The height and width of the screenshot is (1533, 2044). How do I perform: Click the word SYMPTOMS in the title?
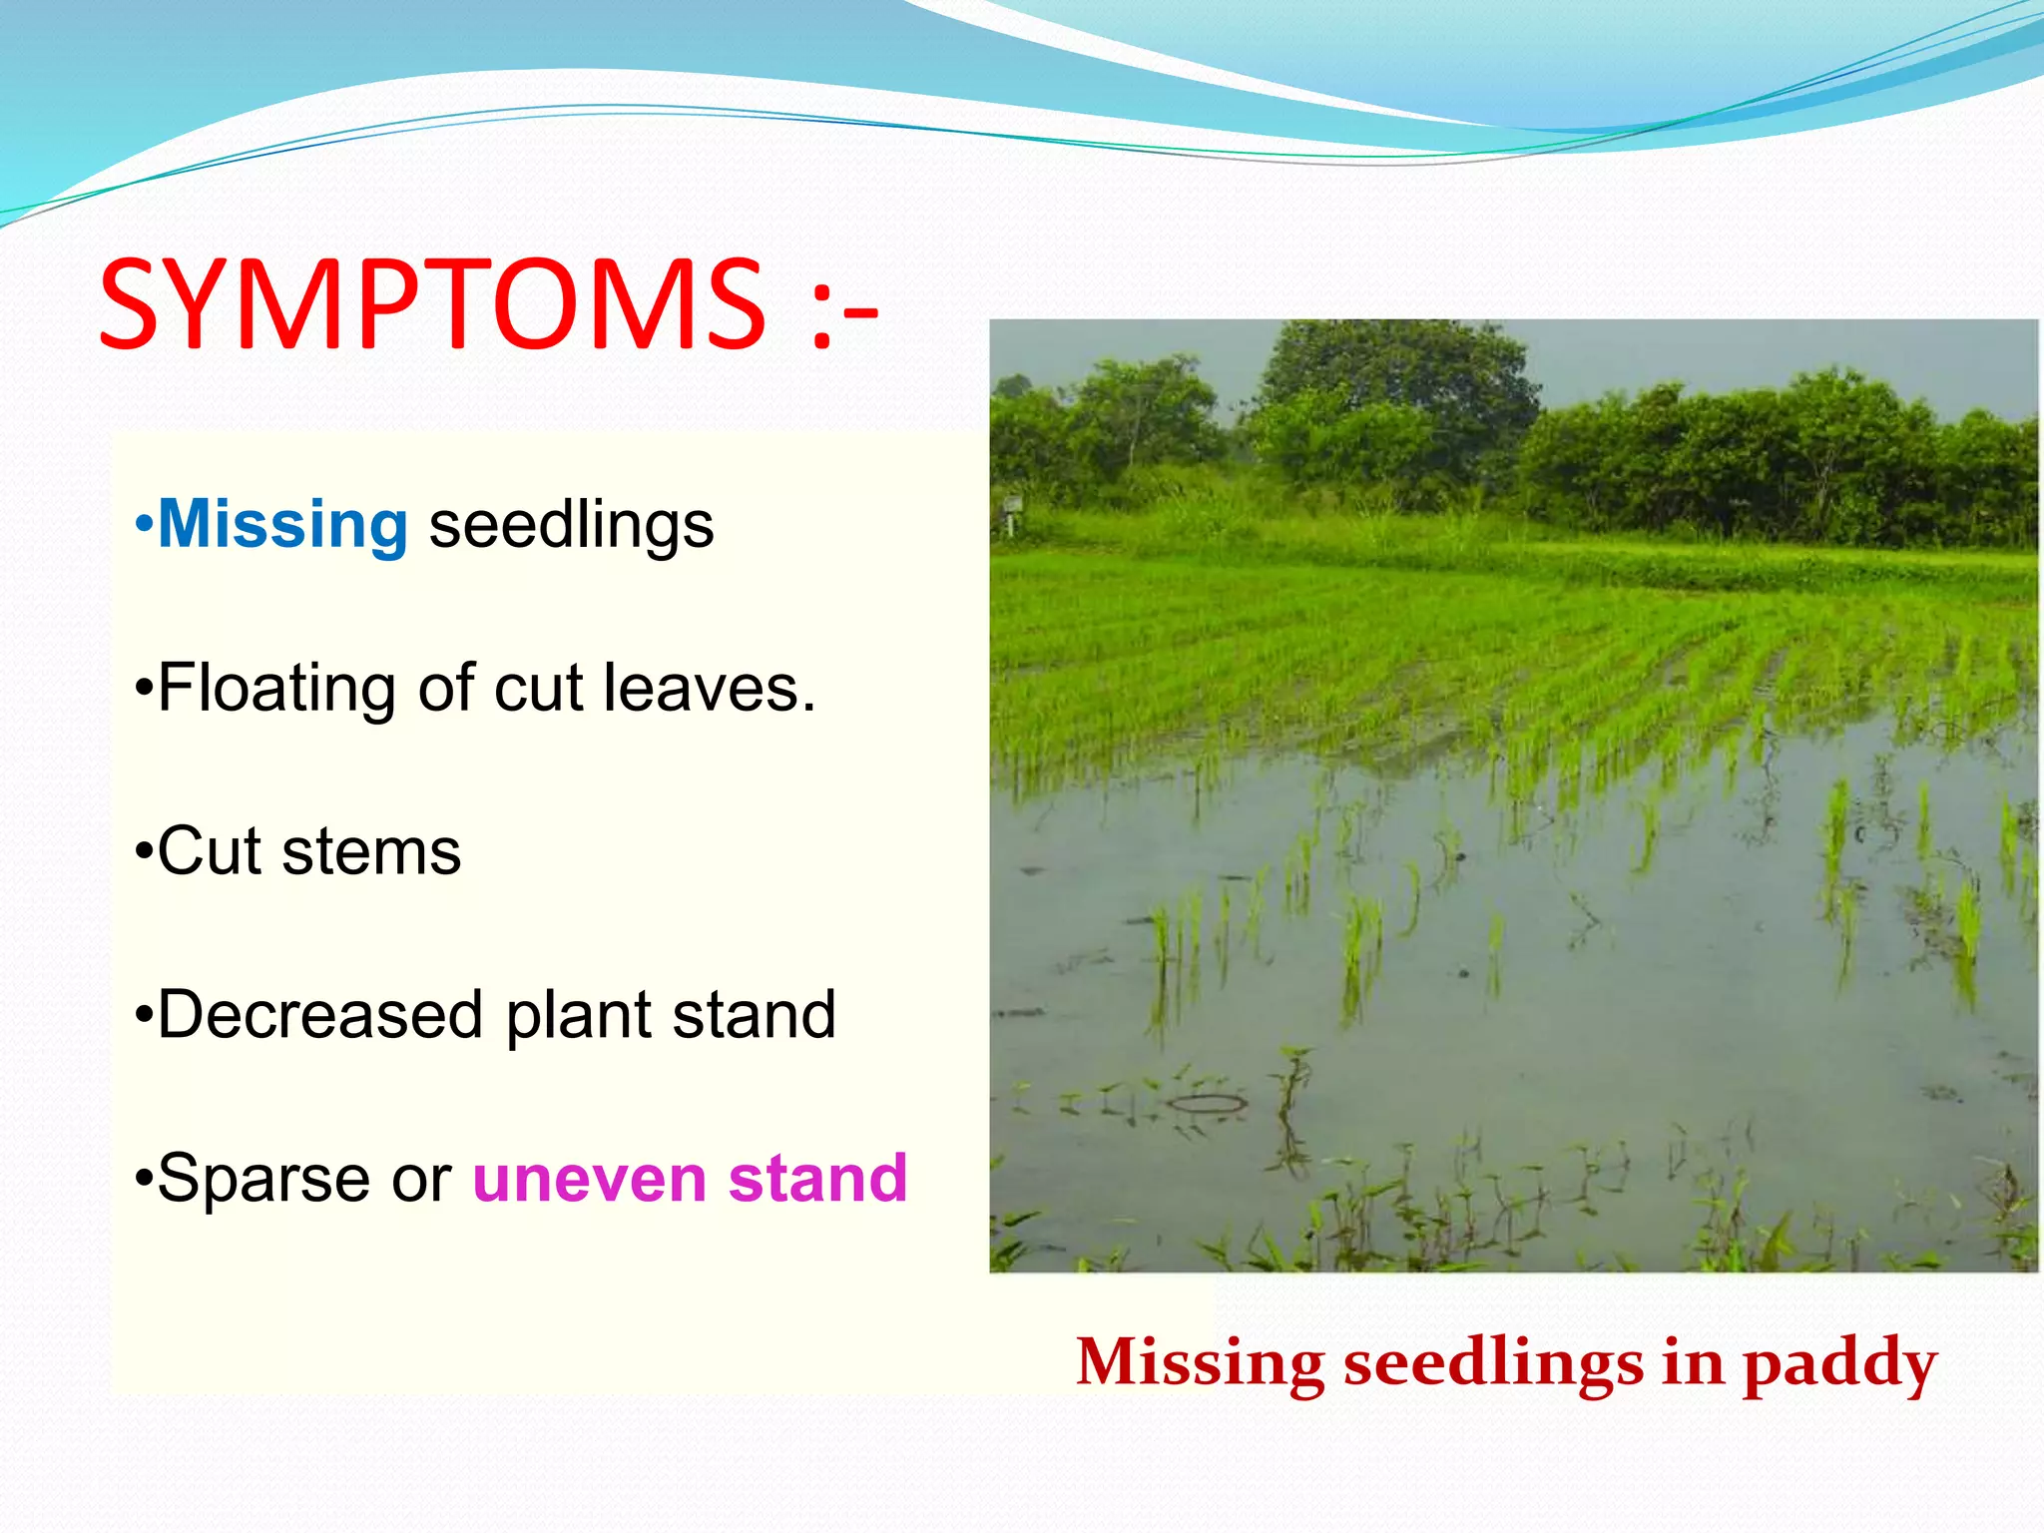431,304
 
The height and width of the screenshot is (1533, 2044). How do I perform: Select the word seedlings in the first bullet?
571,526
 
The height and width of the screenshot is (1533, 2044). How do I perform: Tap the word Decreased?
319,1015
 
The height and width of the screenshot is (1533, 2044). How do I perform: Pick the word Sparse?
265,1179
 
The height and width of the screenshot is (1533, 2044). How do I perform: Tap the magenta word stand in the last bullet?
817,1179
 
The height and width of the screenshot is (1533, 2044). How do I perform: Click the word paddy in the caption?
1838,1363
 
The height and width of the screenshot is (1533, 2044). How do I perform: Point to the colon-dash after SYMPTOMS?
844,306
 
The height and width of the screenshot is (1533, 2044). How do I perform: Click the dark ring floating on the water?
1207,1103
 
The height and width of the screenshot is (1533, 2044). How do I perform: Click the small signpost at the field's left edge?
1010,510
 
